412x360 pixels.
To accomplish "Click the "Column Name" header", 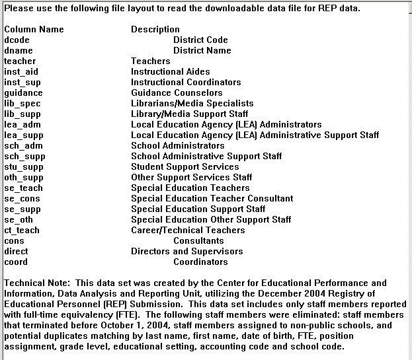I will click(x=34, y=29).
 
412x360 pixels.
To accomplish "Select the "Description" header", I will click(x=155, y=29).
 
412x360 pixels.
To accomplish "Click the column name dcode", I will click(x=17, y=40).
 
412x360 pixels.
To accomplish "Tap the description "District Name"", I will click(x=202, y=50).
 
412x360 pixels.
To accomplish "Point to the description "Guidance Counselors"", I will click(x=177, y=92).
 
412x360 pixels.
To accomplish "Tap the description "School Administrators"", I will click(x=178, y=145).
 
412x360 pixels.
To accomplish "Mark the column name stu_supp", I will click(x=22, y=166).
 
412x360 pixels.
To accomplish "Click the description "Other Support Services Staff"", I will click(x=192, y=177).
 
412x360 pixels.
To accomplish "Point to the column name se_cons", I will click(x=22, y=198).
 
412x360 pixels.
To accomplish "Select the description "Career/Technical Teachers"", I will click(x=188, y=230).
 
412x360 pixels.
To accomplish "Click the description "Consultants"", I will click(x=198, y=240).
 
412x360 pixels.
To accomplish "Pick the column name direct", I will click(x=16, y=251).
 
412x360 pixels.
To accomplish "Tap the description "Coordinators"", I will click(x=200, y=262).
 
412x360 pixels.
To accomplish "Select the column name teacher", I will click(x=20, y=61).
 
